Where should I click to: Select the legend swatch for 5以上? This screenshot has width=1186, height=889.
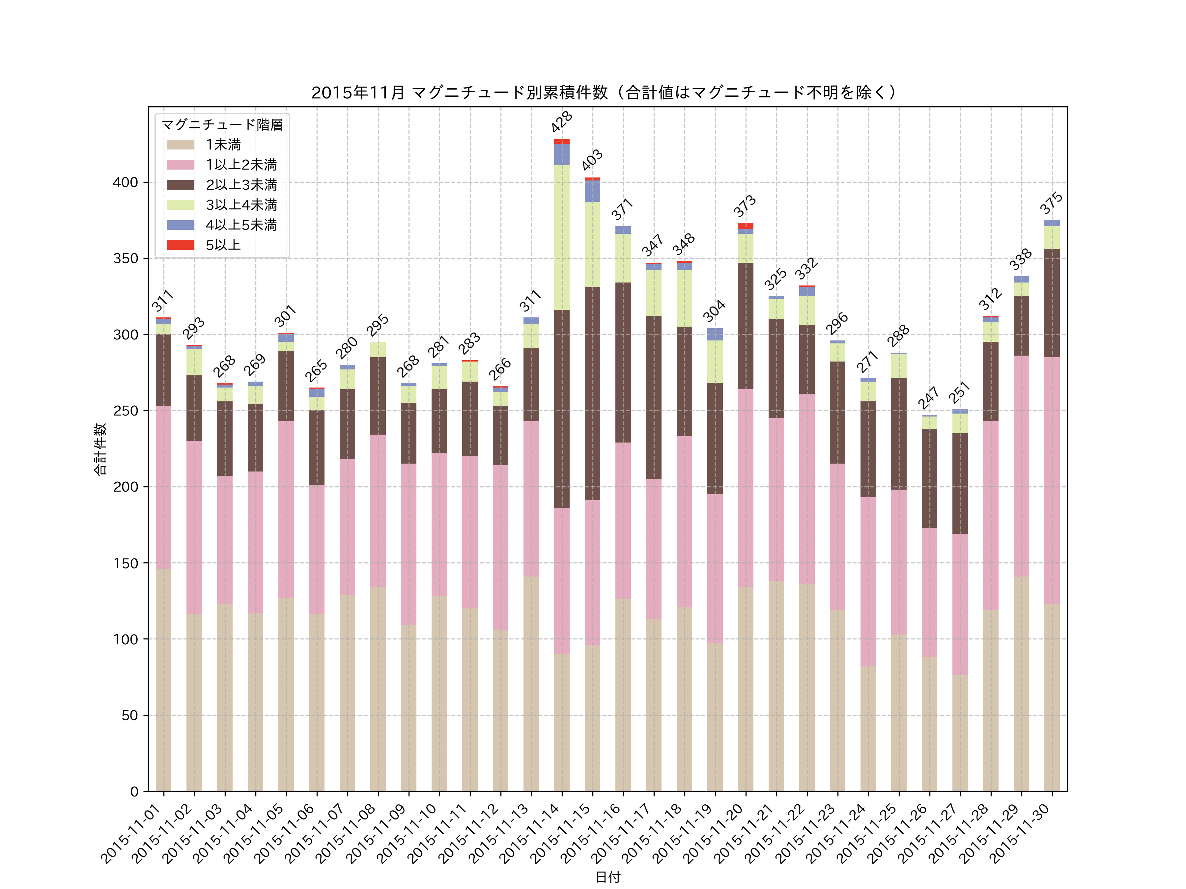coord(180,245)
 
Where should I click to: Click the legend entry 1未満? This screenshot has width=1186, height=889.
coord(223,145)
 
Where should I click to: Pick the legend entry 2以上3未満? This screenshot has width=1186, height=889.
coord(241,185)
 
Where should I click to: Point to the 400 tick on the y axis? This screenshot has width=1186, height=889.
coord(125,182)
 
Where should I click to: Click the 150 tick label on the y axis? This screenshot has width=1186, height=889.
coord(125,563)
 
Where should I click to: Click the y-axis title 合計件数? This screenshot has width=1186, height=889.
coord(100,449)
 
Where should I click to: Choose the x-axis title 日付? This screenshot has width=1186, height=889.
coord(607,877)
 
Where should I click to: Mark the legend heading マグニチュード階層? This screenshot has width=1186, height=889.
coord(222,125)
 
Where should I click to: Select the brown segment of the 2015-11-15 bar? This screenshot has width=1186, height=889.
coord(592,394)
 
